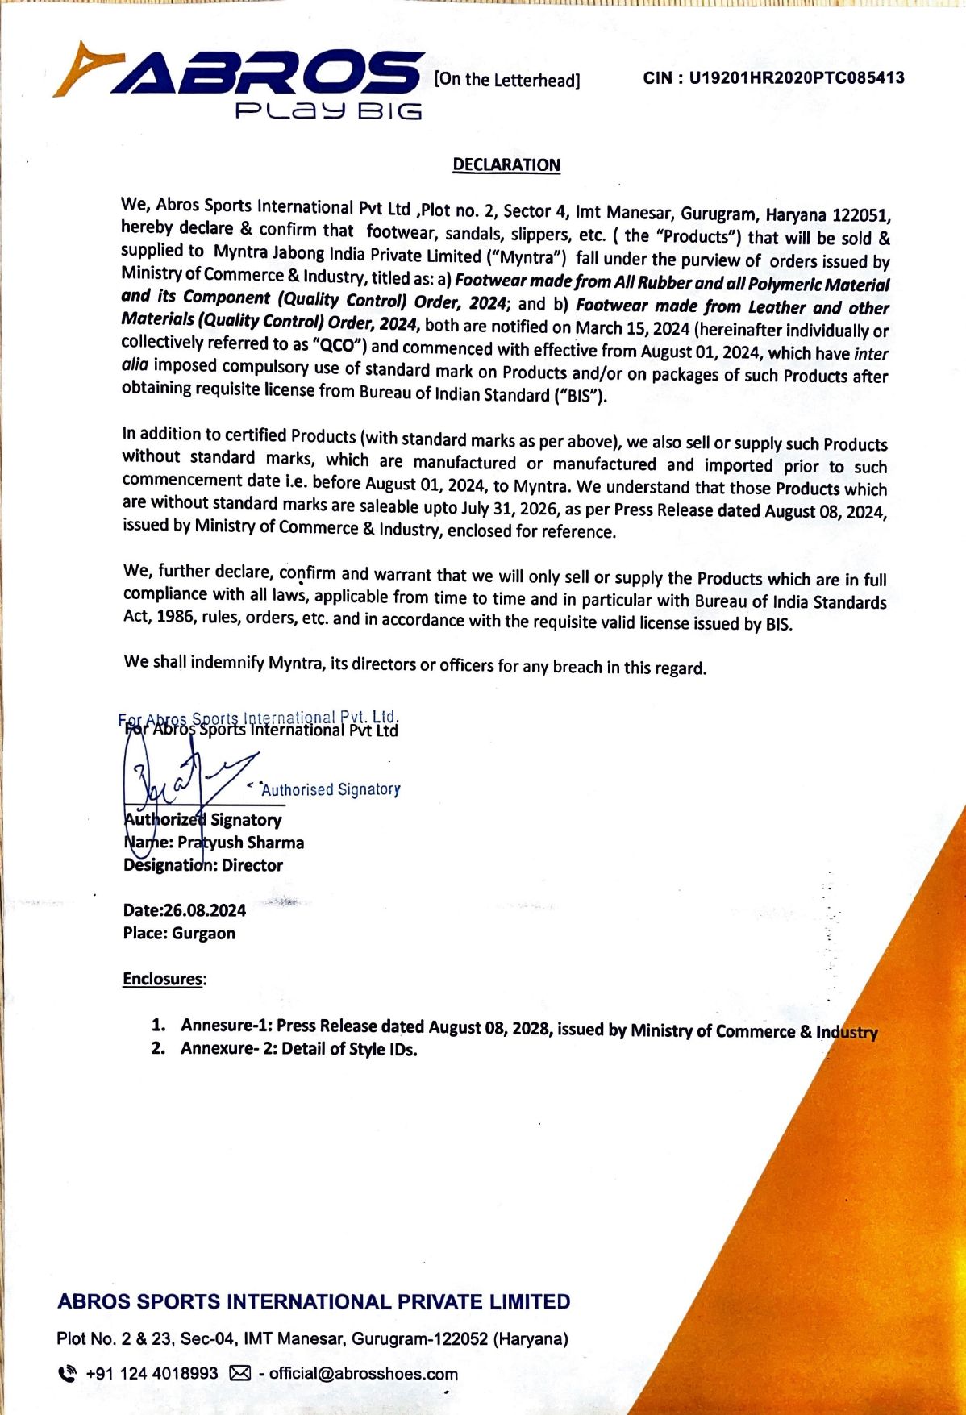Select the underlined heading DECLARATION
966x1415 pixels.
506,165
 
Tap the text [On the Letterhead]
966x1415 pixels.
507,80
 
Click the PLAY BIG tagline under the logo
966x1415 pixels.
328,110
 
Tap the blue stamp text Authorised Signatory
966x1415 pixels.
331,789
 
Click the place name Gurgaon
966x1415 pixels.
203,934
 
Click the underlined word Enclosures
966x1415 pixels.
163,979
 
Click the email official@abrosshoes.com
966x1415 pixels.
363,1374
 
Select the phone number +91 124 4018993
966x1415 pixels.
152,1373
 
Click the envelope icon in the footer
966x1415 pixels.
240,1373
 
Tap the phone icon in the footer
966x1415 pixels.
69,1373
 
